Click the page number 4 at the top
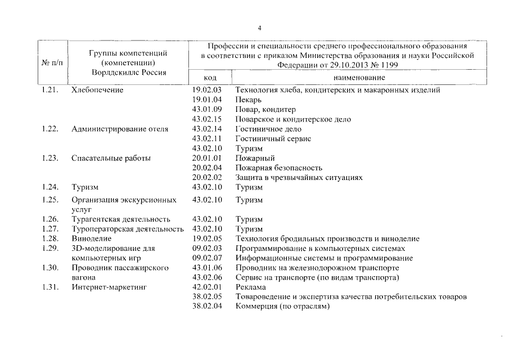[259, 28]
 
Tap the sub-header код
[210, 77]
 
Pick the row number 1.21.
[50, 89]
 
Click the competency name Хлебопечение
[97, 89]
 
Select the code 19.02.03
[207, 89]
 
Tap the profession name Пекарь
[248, 100]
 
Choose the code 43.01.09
[207, 109]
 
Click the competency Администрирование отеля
[120, 129]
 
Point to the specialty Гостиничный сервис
[273, 138]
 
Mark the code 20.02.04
[207, 168]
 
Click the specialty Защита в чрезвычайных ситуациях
[299, 178]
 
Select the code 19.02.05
[207, 238]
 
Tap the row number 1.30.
[50, 268]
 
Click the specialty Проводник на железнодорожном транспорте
[317, 268]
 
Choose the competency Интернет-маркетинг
[109, 287]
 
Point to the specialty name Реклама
[250, 287]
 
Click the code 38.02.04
[207, 307]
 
